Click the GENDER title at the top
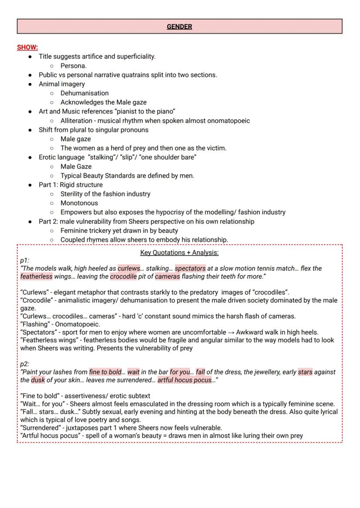click(x=179, y=27)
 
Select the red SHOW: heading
click(x=27, y=47)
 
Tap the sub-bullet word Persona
click(x=73, y=66)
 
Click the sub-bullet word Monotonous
click(x=79, y=203)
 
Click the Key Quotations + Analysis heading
click(x=179, y=253)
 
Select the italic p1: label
click(x=25, y=261)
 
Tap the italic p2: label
click(x=25, y=364)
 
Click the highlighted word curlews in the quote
click(x=129, y=269)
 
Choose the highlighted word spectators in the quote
click(x=190, y=269)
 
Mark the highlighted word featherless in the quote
click(x=36, y=276)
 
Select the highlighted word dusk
click(x=38, y=380)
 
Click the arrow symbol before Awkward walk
click(x=230, y=332)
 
